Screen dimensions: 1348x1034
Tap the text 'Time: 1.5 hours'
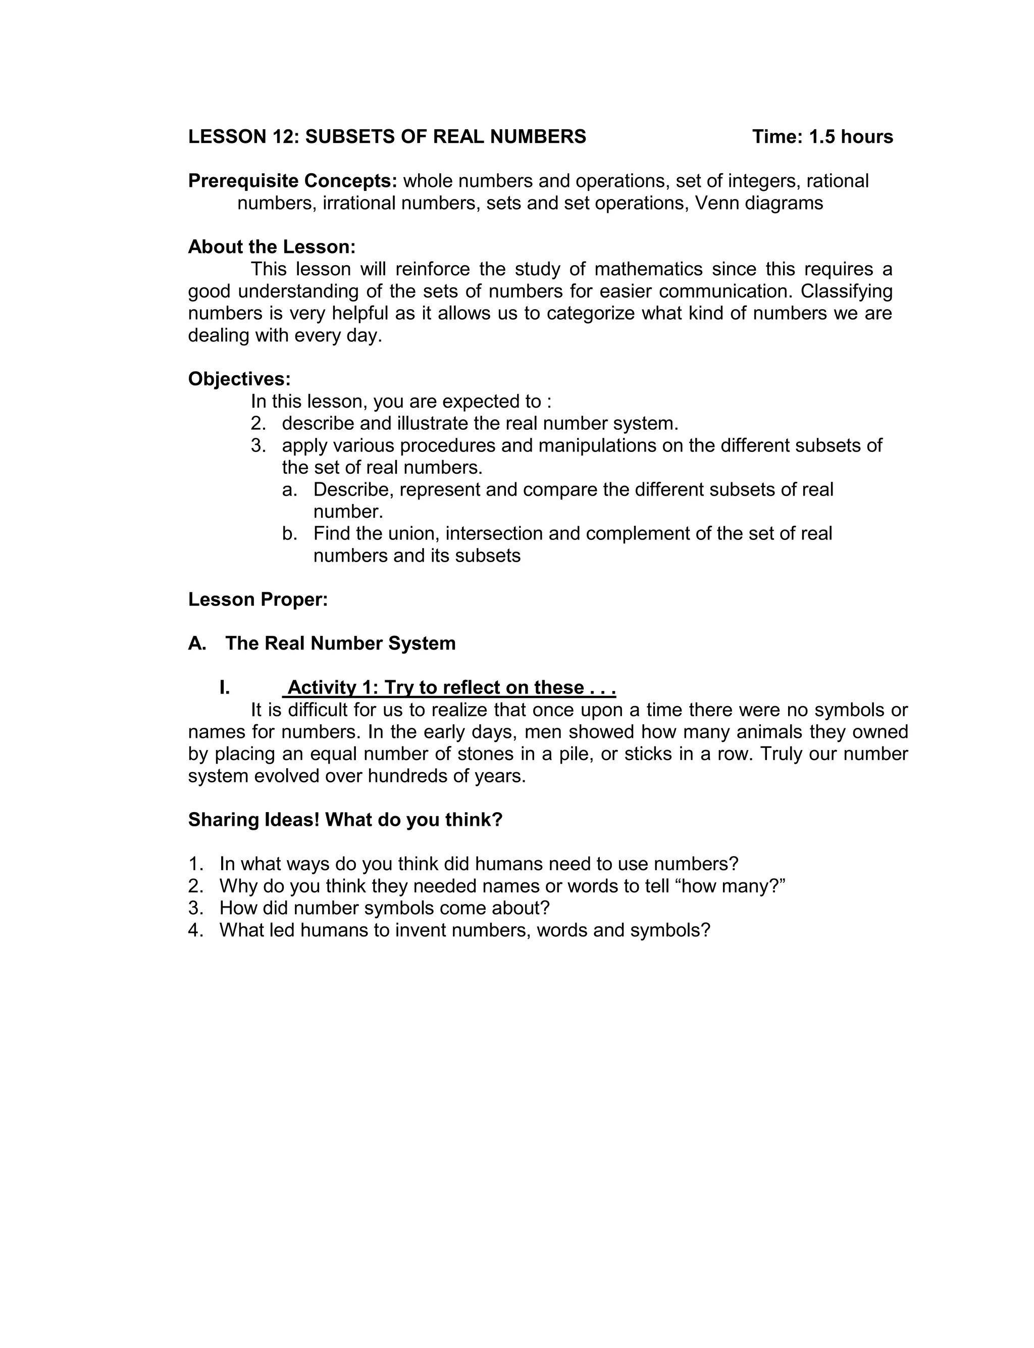(822, 137)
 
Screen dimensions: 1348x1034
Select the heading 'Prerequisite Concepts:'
(293, 181)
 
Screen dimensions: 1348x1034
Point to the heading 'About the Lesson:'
(272, 247)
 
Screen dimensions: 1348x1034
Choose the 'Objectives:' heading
(239, 379)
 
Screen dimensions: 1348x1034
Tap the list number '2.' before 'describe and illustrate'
(258, 423)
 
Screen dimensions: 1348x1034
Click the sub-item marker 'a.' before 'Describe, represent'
(289, 489)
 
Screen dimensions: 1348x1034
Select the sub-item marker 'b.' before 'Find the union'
(289, 534)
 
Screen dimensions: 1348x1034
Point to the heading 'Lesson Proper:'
(258, 600)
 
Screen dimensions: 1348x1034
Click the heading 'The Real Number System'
(340, 643)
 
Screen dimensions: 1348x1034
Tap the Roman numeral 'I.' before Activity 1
(225, 687)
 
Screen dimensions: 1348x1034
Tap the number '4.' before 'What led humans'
(196, 930)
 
